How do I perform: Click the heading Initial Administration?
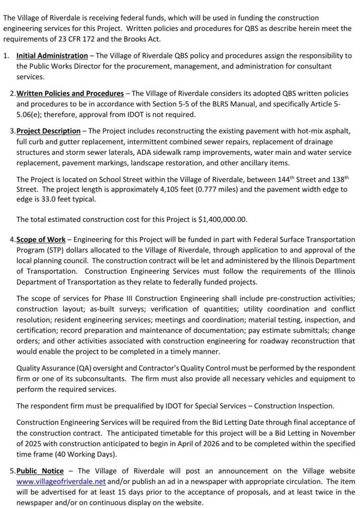coord(52,56)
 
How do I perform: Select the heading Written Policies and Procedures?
coord(70,94)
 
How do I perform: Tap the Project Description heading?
coord(48,131)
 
